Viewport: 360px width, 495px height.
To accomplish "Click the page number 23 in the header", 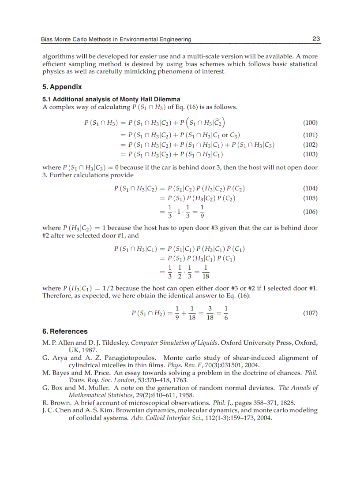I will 316,39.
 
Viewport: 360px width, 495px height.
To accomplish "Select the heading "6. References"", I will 65,331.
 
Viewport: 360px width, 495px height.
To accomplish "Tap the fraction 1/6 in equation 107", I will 226,313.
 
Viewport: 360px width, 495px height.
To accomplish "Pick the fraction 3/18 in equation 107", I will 210,313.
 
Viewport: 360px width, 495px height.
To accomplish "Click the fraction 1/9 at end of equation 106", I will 202,212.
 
